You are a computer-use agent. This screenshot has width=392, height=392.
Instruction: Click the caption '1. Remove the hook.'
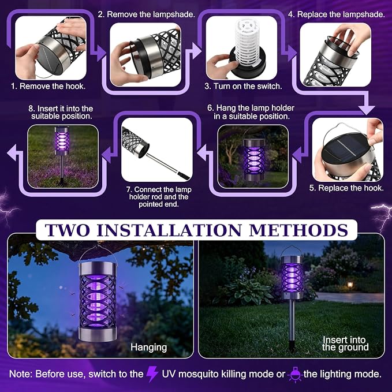[x=48, y=86]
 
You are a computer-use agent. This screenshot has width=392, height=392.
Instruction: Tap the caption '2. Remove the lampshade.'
[x=146, y=14]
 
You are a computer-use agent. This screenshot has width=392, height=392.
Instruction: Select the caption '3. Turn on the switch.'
[x=243, y=86]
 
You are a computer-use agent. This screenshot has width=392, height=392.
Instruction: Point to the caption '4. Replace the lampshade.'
[x=336, y=14]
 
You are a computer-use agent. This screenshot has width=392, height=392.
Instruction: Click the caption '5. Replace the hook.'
[x=346, y=188]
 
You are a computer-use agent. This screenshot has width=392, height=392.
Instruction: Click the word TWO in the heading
[x=67, y=230]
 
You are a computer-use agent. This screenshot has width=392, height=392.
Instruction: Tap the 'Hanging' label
[x=148, y=347]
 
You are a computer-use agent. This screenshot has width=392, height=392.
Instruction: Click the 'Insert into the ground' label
[x=345, y=344]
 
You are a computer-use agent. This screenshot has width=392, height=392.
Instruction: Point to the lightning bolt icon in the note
[x=152, y=374]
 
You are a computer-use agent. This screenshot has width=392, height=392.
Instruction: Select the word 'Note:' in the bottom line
[x=21, y=374]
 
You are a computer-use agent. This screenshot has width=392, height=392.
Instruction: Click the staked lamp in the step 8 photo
[x=61, y=152]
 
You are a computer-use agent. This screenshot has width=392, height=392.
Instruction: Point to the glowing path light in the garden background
[x=350, y=285]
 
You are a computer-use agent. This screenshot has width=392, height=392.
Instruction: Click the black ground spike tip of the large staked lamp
[x=292, y=346]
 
